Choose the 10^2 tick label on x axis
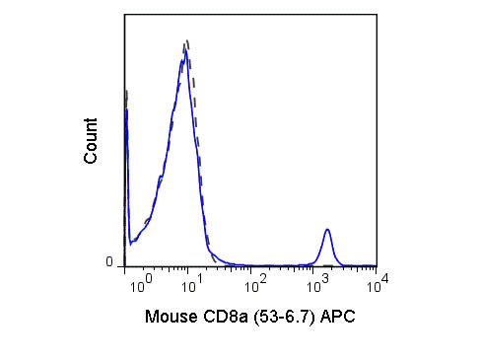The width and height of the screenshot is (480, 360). [x=256, y=287]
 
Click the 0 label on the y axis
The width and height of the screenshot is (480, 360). [x=109, y=261]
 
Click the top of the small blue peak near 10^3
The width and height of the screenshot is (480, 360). [x=328, y=230]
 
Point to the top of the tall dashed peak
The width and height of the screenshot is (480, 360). [x=185, y=42]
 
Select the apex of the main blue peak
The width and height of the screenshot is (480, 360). [x=183, y=53]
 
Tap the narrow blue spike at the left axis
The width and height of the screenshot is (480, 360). [x=127, y=110]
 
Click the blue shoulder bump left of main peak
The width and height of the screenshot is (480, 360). [x=159, y=181]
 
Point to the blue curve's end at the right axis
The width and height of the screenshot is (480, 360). [x=376, y=265]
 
